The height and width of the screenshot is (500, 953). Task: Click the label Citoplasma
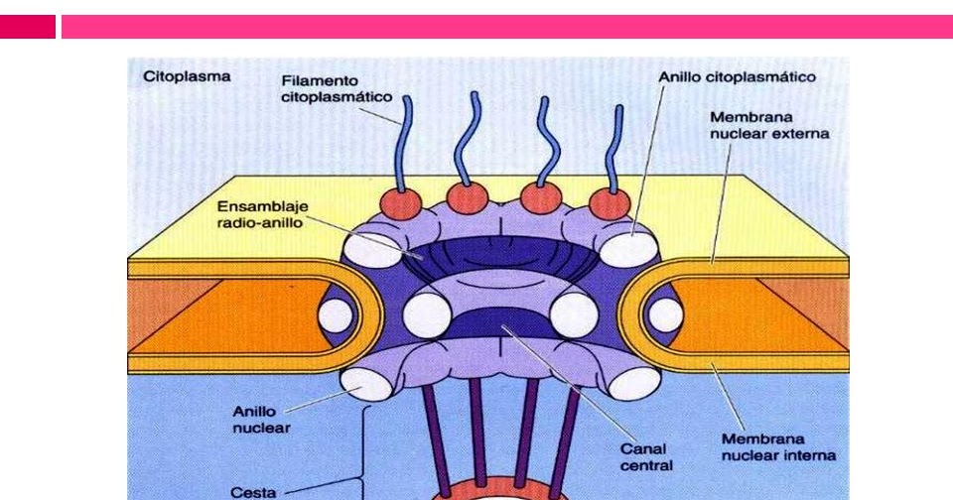click(x=188, y=75)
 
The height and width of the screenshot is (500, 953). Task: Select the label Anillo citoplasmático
click(x=737, y=76)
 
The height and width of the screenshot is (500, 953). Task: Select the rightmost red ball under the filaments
click(x=609, y=204)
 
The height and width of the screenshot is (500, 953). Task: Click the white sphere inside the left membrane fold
click(x=336, y=315)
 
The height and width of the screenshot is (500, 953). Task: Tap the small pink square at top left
click(x=28, y=27)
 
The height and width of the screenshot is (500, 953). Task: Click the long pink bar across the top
click(x=506, y=27)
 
